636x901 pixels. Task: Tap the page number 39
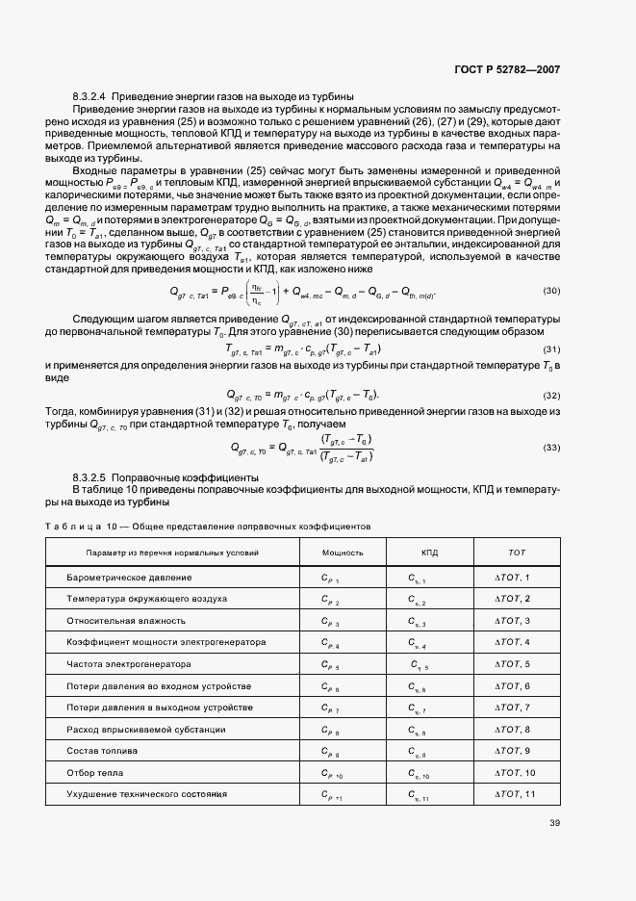[554, 822]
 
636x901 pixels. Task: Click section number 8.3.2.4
[91, 97]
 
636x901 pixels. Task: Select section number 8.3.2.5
[91, 477]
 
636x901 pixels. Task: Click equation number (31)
[551, 348]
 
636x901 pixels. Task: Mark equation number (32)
[551, 396]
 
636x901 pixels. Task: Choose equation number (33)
[551, 448]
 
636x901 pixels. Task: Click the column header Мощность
[343, 553]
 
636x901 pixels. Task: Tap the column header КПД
[429, 553]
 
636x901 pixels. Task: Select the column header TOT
[517, 553]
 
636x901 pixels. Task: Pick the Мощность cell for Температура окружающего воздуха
[330, 600]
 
